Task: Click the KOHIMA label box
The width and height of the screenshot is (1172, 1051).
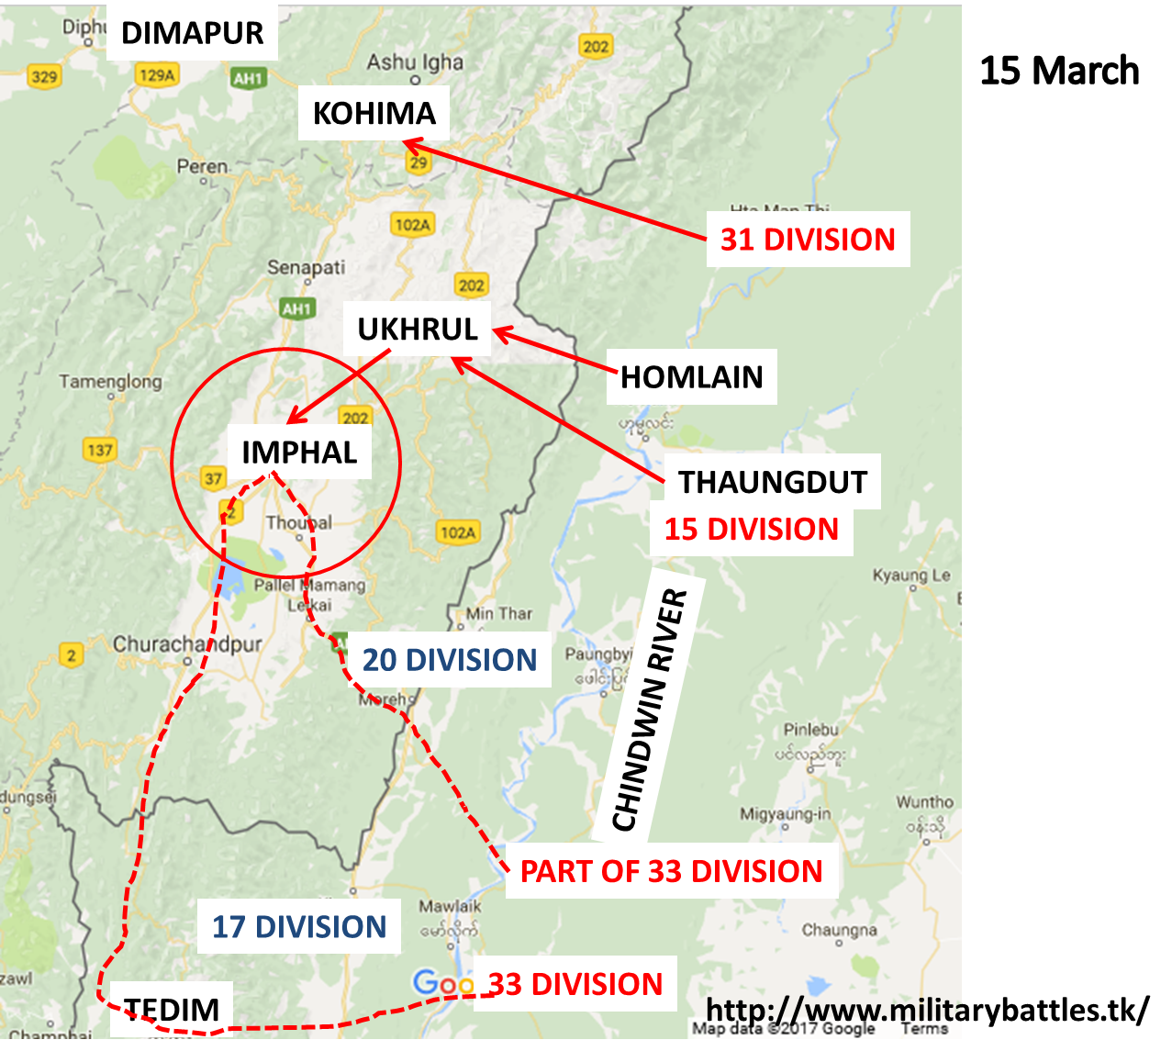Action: [x=374, y=114]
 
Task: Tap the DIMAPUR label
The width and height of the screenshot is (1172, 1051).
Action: [x=192, y=34]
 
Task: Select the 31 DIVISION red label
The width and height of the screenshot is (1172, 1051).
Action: [x=808, y=240]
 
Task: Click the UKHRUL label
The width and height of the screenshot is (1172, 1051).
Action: [x=418, y=330]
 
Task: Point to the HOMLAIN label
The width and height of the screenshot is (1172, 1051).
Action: [x=691, y=377]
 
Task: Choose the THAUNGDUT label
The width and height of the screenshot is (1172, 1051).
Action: [x=772, y=482]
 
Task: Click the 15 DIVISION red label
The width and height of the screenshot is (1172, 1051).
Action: [x=751, y=530]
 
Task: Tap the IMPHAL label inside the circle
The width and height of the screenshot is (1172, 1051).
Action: [x=299, y=453]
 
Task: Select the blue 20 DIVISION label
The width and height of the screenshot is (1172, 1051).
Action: [x=449, y=660]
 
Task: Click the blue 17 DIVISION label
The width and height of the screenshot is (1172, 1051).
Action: [x=299, y=927]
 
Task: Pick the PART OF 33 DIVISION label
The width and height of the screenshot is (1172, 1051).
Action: [x=671, y=871]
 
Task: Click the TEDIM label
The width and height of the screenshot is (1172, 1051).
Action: [x=172, y=1010]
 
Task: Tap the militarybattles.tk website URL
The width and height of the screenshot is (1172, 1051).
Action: [x=927, y=1010]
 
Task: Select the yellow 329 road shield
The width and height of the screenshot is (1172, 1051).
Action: [x=43, y=76]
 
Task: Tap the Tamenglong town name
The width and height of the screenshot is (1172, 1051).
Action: [x=110, y=382]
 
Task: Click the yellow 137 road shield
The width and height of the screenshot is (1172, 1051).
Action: [x=99, y=450]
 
